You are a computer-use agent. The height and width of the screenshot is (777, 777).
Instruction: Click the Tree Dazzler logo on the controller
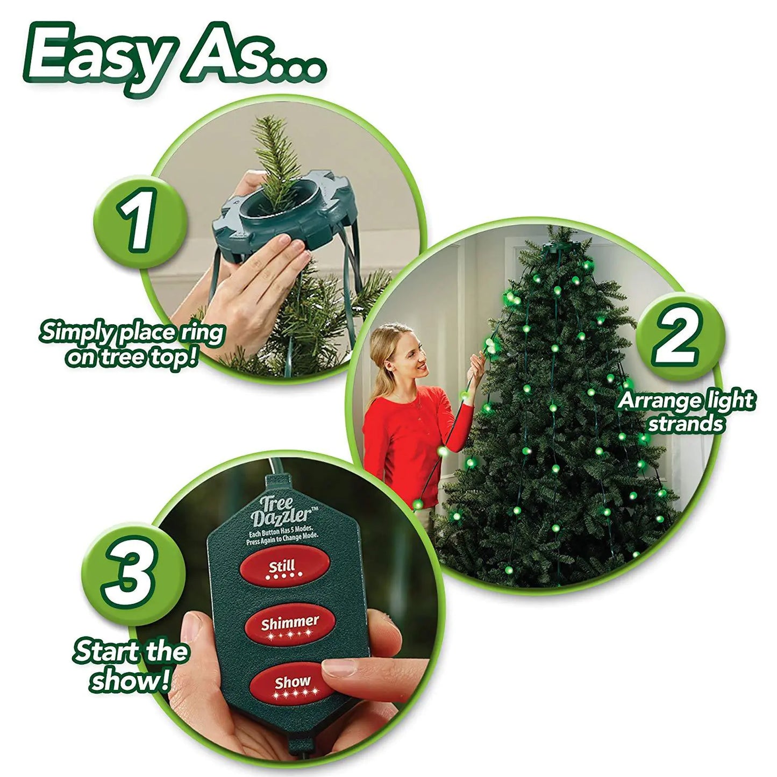[281, 511]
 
